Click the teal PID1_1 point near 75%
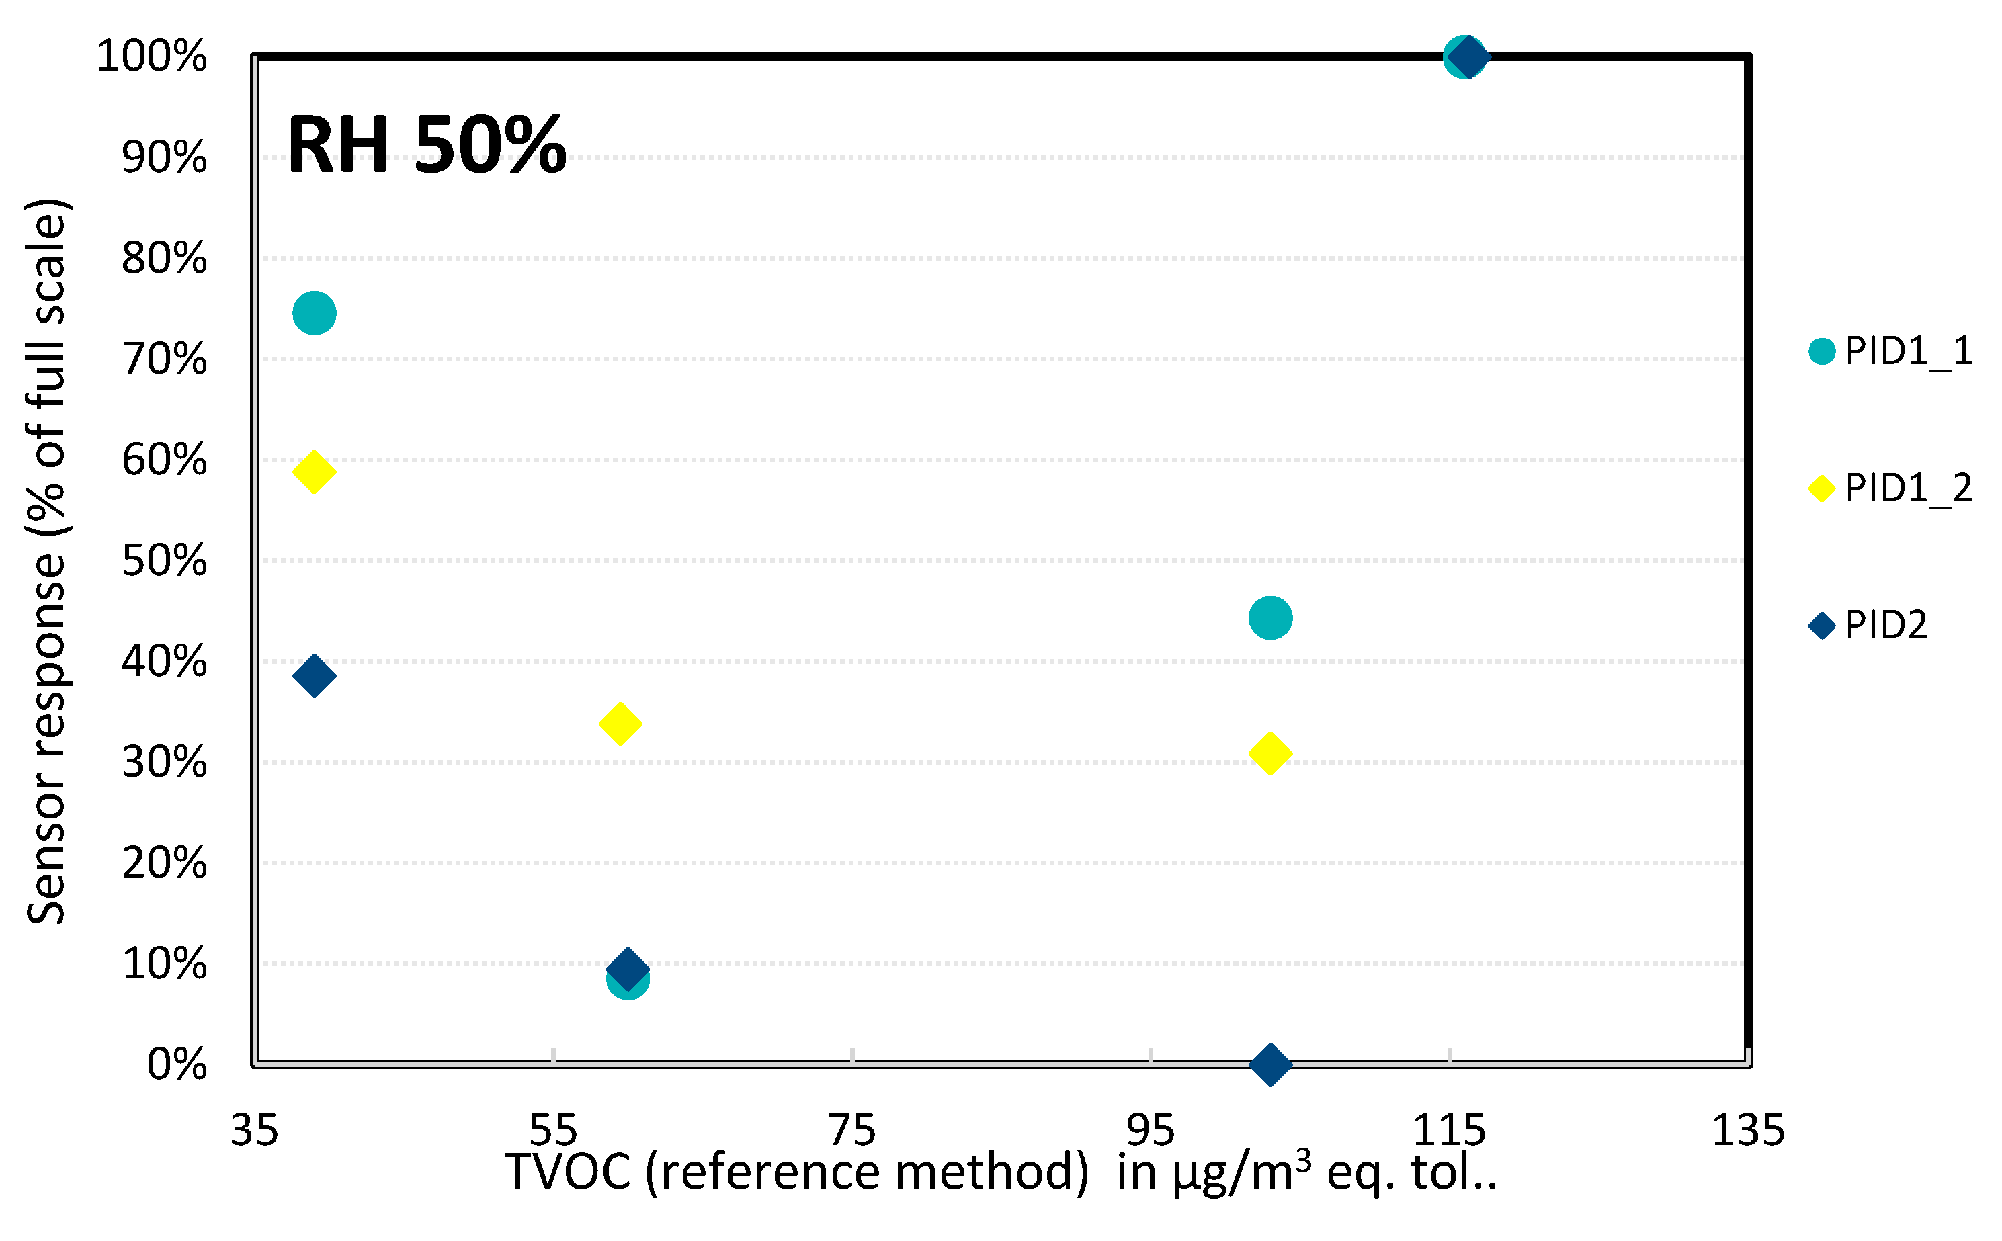[314, 312]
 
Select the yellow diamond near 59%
[314, 471]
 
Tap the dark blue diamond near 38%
[314, 675]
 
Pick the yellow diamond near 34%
[620, 723]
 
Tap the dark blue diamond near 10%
[627, 968]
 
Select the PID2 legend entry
[1884, 626]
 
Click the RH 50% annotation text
[426, 146]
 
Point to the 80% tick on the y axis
[164, 259]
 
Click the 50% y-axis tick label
[164, 562]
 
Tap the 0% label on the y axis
[177, 1064]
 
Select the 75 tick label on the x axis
[852, 1130]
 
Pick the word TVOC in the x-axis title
[568, 1172]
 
